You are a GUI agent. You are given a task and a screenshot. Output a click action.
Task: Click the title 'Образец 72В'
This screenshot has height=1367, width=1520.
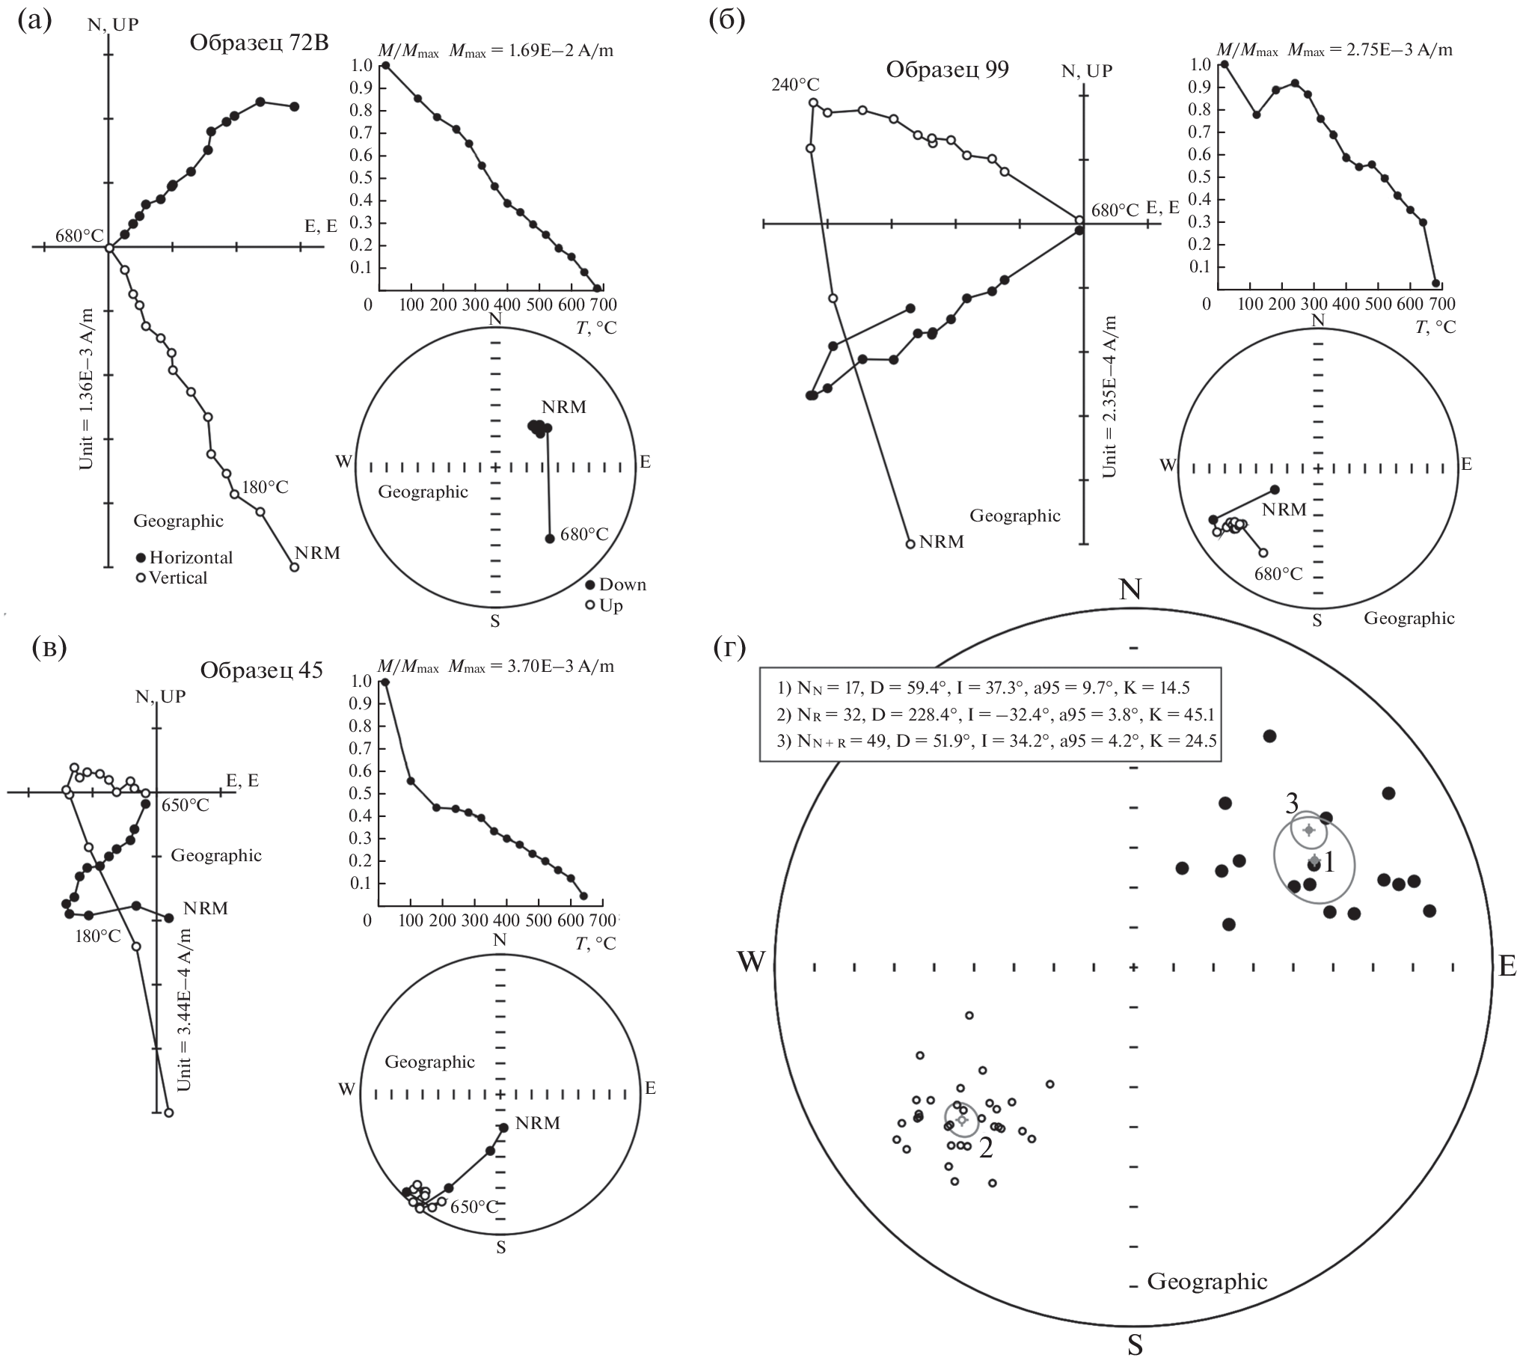258,43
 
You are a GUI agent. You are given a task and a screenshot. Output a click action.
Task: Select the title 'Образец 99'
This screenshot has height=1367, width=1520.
947,70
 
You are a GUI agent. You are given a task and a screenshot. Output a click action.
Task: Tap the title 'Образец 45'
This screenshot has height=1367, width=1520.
260,670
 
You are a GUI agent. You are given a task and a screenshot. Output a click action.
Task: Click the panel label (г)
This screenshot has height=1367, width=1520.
729,649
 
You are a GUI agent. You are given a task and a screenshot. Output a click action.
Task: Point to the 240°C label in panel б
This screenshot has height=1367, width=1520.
795,84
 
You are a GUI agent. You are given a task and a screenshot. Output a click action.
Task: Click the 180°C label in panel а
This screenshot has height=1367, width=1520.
264,487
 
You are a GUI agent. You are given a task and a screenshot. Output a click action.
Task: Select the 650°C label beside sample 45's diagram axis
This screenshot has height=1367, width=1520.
186,805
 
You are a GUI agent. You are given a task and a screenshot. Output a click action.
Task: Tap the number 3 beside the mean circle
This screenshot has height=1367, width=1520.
1291,804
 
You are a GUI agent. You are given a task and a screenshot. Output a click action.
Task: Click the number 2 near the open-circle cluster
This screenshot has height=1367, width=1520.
985,1149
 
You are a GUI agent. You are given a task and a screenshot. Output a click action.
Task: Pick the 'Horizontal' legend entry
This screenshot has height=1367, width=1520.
190,557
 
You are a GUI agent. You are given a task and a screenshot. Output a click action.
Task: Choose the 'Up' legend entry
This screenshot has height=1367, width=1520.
610,605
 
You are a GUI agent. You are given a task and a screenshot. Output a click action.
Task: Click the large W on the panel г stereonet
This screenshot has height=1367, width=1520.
751,962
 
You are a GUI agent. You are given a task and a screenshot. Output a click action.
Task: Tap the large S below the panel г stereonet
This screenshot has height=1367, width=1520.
1135,1345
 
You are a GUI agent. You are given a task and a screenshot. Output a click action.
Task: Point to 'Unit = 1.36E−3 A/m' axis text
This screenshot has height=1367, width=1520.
87,389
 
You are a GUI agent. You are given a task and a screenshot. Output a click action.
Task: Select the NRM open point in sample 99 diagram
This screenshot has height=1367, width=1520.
910,544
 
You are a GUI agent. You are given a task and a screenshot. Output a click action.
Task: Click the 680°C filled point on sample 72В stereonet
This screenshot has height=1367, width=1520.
549,538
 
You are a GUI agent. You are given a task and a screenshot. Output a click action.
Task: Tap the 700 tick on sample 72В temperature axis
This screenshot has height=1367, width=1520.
604,305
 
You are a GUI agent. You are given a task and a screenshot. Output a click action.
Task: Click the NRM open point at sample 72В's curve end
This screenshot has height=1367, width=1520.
295,567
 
